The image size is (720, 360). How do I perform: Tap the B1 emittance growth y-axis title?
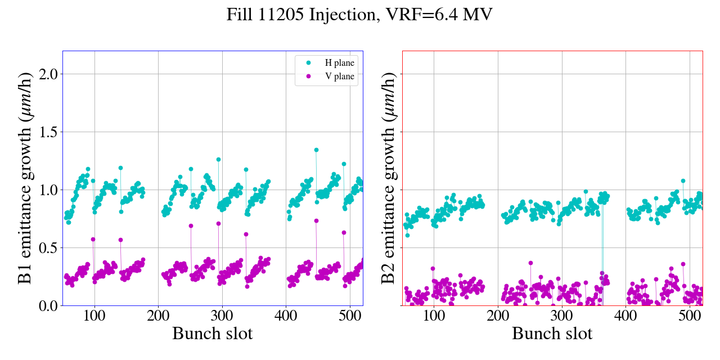25,178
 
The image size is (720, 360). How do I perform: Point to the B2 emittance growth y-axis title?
388,178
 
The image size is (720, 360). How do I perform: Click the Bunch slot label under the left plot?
213,334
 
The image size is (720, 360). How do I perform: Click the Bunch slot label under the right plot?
552,334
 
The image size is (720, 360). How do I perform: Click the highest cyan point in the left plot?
316,150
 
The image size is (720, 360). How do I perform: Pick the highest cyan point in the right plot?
683,181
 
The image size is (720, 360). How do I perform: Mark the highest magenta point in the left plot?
316,220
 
